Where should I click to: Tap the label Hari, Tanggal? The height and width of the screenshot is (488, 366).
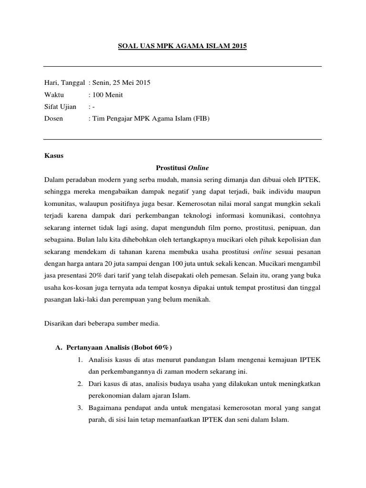[x=64, y=82]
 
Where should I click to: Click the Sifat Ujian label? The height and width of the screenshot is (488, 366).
[x=60, y=106]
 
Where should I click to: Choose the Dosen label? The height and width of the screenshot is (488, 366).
[x=53, y=118]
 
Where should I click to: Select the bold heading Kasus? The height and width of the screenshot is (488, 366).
[x=53, y=156]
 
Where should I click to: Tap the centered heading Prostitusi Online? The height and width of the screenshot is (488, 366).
[x=183, y=168]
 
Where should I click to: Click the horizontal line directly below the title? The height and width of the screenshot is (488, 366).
[x=183, y=67]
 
